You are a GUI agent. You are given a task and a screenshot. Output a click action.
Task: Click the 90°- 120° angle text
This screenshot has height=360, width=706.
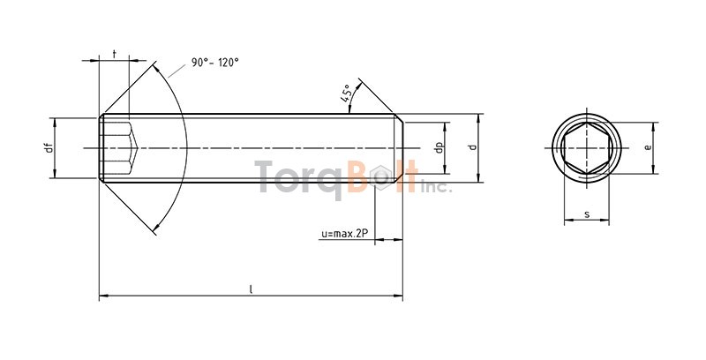pyautogui.click(x=215, y=63)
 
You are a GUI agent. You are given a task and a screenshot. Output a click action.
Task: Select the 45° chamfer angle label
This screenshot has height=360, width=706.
pyautogui.click(x=347, y=93)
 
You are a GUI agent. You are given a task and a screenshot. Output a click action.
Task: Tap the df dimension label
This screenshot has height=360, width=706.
pyautogui.click(x=49, y=147)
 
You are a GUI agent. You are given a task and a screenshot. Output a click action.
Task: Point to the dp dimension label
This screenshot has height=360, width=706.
pyautogui.click(x=438, y=147)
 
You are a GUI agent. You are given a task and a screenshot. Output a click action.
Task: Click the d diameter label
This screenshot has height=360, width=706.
pyautogui.click(x=472, y=147)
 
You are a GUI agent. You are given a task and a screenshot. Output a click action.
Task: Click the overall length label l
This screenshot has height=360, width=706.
pyautogui.click(x=251, y=289)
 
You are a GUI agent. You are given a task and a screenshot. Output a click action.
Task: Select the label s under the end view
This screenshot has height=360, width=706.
pyautogui.click(x=587, y=214)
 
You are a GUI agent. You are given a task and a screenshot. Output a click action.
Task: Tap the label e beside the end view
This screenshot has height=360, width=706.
pyautogui.click(x=648, y=147)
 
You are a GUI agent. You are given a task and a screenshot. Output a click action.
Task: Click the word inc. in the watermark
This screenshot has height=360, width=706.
pyautogui.click(x=435, y=186)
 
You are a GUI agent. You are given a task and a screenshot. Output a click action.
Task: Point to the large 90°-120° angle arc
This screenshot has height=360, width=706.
pyautogui.click(x=181, y=147)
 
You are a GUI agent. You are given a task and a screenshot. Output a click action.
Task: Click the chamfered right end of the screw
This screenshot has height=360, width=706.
pyautogui.click(x=400, y=148)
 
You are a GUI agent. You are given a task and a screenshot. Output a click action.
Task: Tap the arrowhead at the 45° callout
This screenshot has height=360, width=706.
pyautogui.click(x=349, y=111)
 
